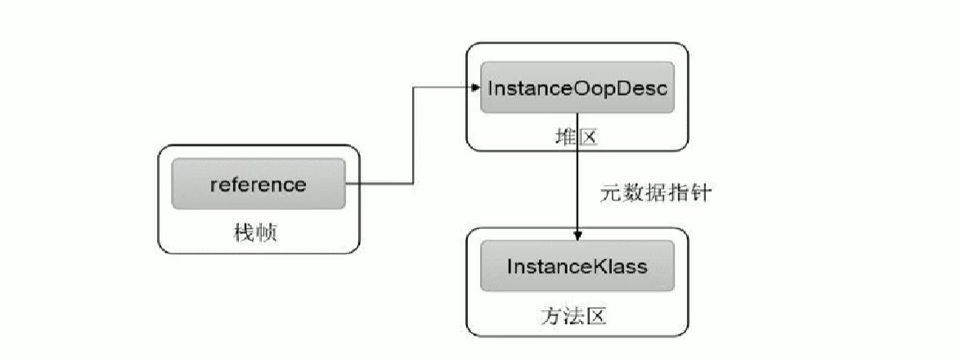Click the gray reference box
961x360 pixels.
pyautogui.click(x=258, y=185)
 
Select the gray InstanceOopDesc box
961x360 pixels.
pyautogui.click(x=577, y=88)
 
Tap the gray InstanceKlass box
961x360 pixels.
pyautogui.click(x=577, y=267)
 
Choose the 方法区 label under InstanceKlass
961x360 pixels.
pyautogui.click(x=576, y=317)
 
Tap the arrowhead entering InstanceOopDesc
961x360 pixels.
pyautogui.click(x=474, y=86)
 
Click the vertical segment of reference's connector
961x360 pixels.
pyautogui.click(x=411, y=135)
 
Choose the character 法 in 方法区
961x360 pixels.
pyautogui.click(x=576, y=317)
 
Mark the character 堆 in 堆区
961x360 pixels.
pyautogui.click(x=564, y=137)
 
